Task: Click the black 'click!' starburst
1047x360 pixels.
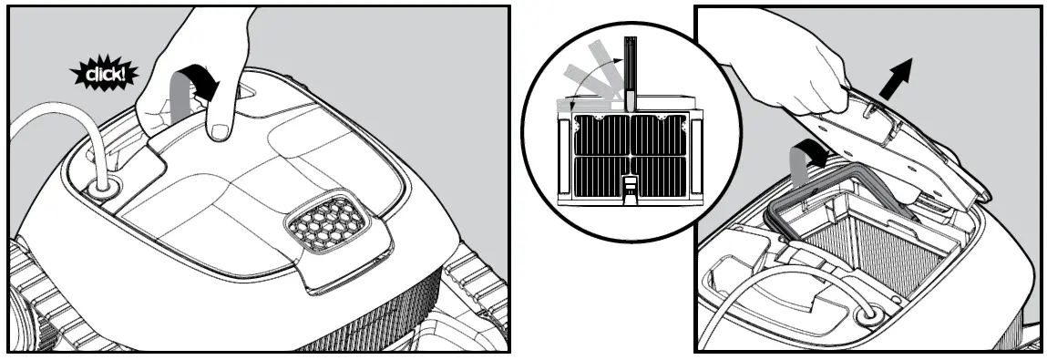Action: pos(103,74)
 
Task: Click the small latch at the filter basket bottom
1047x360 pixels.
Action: pos(629,187)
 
